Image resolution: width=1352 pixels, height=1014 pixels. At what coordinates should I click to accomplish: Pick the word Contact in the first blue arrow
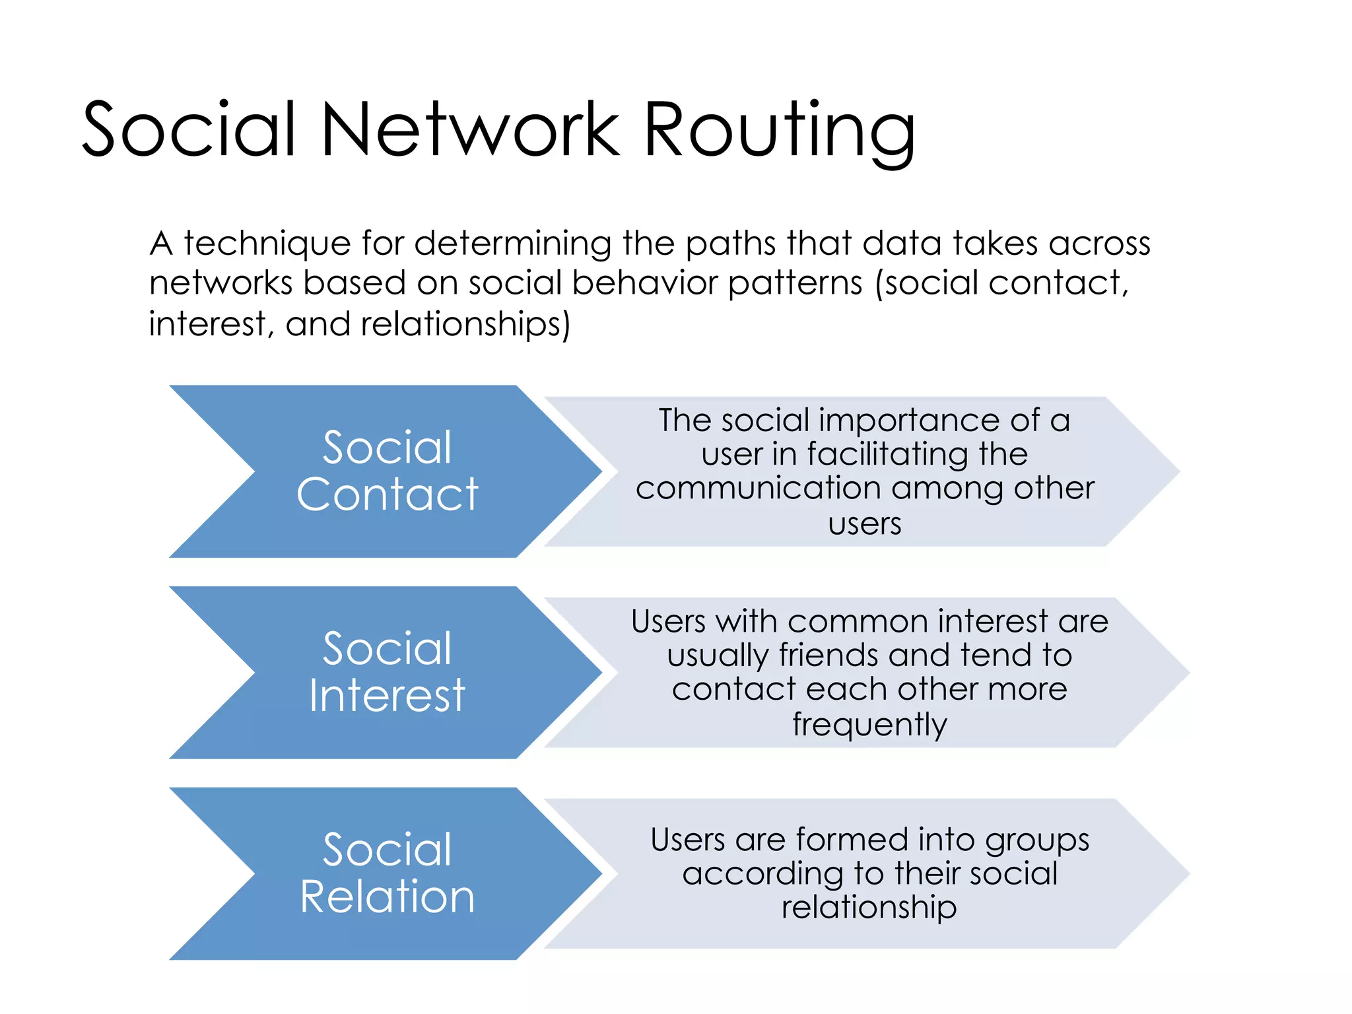click(387, 494)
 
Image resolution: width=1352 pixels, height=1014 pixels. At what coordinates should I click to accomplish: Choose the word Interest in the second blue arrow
click(387, 696)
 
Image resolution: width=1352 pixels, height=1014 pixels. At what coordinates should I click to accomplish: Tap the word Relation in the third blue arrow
click(387, 897)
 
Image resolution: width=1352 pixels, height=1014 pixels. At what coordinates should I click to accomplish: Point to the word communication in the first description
click(758, 489)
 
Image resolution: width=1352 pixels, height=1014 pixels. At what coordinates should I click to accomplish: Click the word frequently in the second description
click(869, 725)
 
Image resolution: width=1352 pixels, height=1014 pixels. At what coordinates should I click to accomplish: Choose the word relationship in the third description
click(869, 908)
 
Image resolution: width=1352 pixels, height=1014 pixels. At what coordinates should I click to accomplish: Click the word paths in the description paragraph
click(731, 244)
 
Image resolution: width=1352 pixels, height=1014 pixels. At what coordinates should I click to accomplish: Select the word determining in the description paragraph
click(512, 244)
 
